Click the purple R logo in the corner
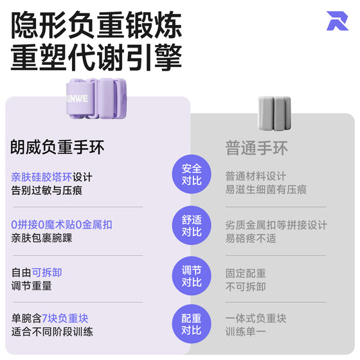click(x=337, y=21)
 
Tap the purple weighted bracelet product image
click(x=96, y=98)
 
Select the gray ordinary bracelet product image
click(x=274, y=113)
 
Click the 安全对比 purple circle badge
click(x=192, y=174)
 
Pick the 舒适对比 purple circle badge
click(x=192, y=225)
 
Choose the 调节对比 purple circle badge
click(x=192, y=276)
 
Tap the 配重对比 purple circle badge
click(x=192, y=324)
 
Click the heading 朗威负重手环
click(x=57, y=147)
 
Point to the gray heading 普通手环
click(x=256, y=148)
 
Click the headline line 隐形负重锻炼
click(x=96, y=25)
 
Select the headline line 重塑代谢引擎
click(x=96, y=57)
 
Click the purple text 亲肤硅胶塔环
click(x=42, y=177)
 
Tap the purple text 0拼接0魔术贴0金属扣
click(x=62, y=225)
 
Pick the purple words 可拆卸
click(x=46, y=273)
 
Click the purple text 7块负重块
click(x=65, y=318)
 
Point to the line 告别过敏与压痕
click(x=46, y=190)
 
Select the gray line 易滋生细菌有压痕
click(x=266, y=190)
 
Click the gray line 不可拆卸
click(x=246, y=287)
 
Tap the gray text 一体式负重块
click(x=256, y=318)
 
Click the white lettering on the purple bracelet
click(x=77, y=99)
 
